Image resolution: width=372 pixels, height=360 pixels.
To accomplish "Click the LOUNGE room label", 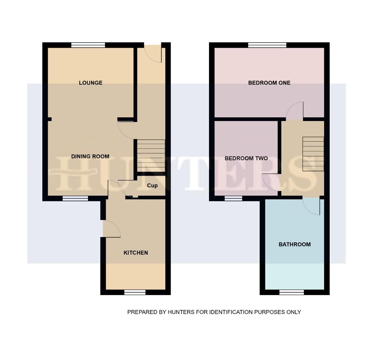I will [x=90, y=83].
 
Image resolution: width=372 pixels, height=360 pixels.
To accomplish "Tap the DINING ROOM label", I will [x=90, y=156].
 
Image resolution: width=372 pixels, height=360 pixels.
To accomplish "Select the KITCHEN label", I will [x=136, y=253].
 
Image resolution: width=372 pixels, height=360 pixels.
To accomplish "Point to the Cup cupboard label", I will [x=152, y=185].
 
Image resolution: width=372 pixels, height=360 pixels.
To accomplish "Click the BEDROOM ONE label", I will [x=269, y=83].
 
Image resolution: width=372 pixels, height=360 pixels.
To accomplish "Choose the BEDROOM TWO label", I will [x=246, y=158].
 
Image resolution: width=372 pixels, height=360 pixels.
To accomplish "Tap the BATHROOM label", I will [x=294, y=244].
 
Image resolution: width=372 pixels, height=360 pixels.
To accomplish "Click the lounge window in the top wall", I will [x=88, y=45].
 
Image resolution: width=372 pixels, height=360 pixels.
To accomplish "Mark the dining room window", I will [x=75, y=198].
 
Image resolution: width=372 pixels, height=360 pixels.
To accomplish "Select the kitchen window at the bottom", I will [x=135, y=292].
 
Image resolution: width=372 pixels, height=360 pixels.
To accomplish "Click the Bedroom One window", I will [x=267, y=45].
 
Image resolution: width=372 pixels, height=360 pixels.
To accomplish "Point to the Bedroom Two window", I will [x=233, y=198].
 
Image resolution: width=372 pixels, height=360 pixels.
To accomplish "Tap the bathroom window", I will [x=292, y=292].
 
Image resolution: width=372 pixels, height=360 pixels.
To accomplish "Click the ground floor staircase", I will [x=151, y=155].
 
